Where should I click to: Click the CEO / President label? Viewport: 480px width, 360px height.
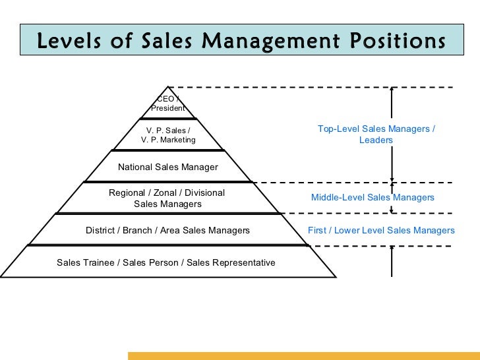pyautogui.click(x=167, y=104)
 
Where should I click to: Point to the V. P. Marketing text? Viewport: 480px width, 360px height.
pyautogui.click(x=168, y=140)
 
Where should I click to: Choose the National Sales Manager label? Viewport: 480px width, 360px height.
pyautogui.click(x=167, y=167)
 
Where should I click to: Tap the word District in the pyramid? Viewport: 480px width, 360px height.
pyautogui.click(x=102, y=230)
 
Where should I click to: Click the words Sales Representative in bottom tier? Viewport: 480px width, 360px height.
pyautogui.click(x=231, y=262)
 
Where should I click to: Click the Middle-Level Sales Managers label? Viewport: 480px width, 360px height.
pyautogui.click(x=373, y=197)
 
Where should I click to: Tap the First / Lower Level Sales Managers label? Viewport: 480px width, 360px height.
pyautogui.click(x=381, y=230)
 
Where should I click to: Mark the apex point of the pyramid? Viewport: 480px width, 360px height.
pyautogui.click(x=169, y=87)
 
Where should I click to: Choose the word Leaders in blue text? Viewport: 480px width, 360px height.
pyautogui.click(x=376, y=140)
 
